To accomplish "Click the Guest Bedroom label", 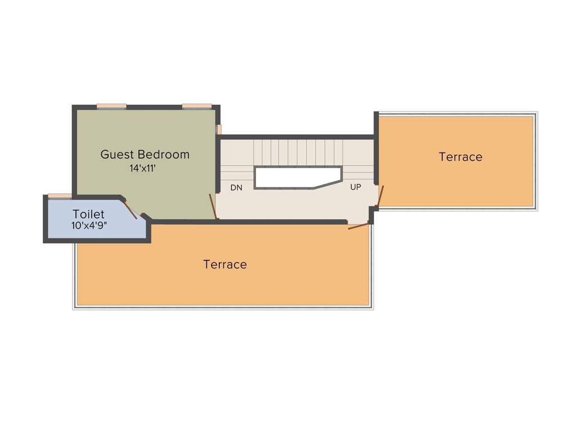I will coord(145,154).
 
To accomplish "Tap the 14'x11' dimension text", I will coord(143,167).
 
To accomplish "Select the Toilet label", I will coord(88,214).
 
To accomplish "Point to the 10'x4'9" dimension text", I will coord(89,225).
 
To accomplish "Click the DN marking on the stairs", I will coord(236,187).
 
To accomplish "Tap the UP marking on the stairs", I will coord(355,187).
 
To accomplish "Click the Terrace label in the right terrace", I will coord(460,157).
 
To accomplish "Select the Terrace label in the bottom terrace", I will coord(225,264).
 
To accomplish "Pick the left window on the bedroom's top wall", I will coord(111,106).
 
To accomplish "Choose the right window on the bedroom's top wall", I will coord(197,106).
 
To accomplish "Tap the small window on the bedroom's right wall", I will coord(219,129).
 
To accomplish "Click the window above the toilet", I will coord(60,196).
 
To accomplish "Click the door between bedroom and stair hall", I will coord(213,206).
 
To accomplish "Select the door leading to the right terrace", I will coord(380,196).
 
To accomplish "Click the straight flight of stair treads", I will coord(298,152).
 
